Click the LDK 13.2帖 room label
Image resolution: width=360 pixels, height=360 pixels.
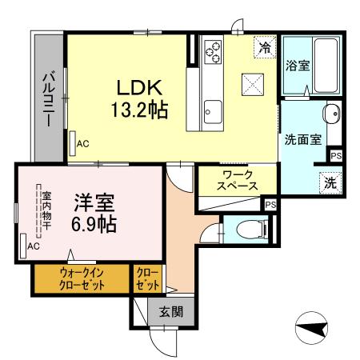(143, 98)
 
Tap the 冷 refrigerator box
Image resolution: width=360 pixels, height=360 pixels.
(264, 47)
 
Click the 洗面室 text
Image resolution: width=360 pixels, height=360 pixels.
(303, 138)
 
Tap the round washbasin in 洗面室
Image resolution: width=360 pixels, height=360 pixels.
(330, 114)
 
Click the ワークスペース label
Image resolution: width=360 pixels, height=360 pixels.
(237, 179)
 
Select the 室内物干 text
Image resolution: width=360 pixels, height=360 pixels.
(46, 210)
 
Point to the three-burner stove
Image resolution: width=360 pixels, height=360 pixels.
(214, 52)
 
